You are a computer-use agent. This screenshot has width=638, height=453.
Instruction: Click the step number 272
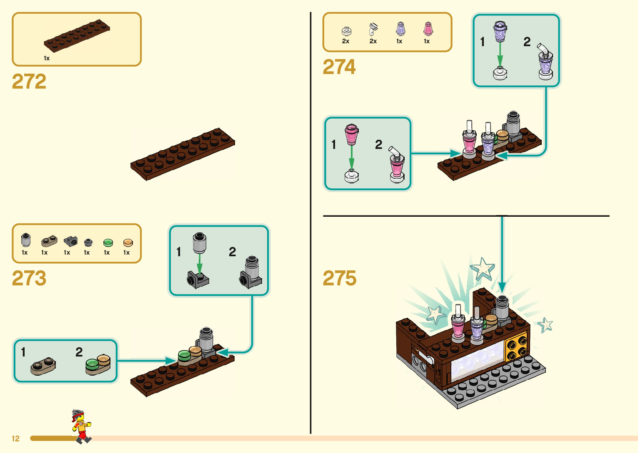(29, 82)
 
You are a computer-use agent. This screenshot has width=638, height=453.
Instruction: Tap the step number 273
(29, 278)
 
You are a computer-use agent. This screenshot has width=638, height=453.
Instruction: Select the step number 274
(339, 67)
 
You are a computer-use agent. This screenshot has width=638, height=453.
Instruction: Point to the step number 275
(340, 278)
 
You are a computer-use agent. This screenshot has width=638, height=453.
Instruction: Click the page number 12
(16, 438)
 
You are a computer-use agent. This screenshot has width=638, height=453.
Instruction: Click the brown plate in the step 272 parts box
(77, 35)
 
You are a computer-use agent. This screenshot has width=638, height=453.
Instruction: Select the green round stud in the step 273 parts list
(108, 243)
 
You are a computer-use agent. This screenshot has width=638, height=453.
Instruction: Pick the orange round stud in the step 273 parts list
(128, 243)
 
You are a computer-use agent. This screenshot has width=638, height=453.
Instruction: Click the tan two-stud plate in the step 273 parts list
(49, 241)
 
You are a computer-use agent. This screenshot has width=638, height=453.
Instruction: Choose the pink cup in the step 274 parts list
(428, 29)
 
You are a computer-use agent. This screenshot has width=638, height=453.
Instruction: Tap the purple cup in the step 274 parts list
(400, 29)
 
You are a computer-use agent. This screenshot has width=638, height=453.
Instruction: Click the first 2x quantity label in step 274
(345, 41)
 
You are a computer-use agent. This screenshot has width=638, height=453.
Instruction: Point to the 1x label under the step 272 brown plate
(47, 58)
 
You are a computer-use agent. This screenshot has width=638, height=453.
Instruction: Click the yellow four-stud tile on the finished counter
(516, 348)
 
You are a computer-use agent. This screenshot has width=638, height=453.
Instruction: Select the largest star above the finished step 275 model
(483, 268)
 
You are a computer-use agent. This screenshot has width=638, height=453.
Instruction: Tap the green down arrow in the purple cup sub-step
(500, 54)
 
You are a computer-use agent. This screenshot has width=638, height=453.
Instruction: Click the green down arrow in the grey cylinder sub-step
(200, 264)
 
